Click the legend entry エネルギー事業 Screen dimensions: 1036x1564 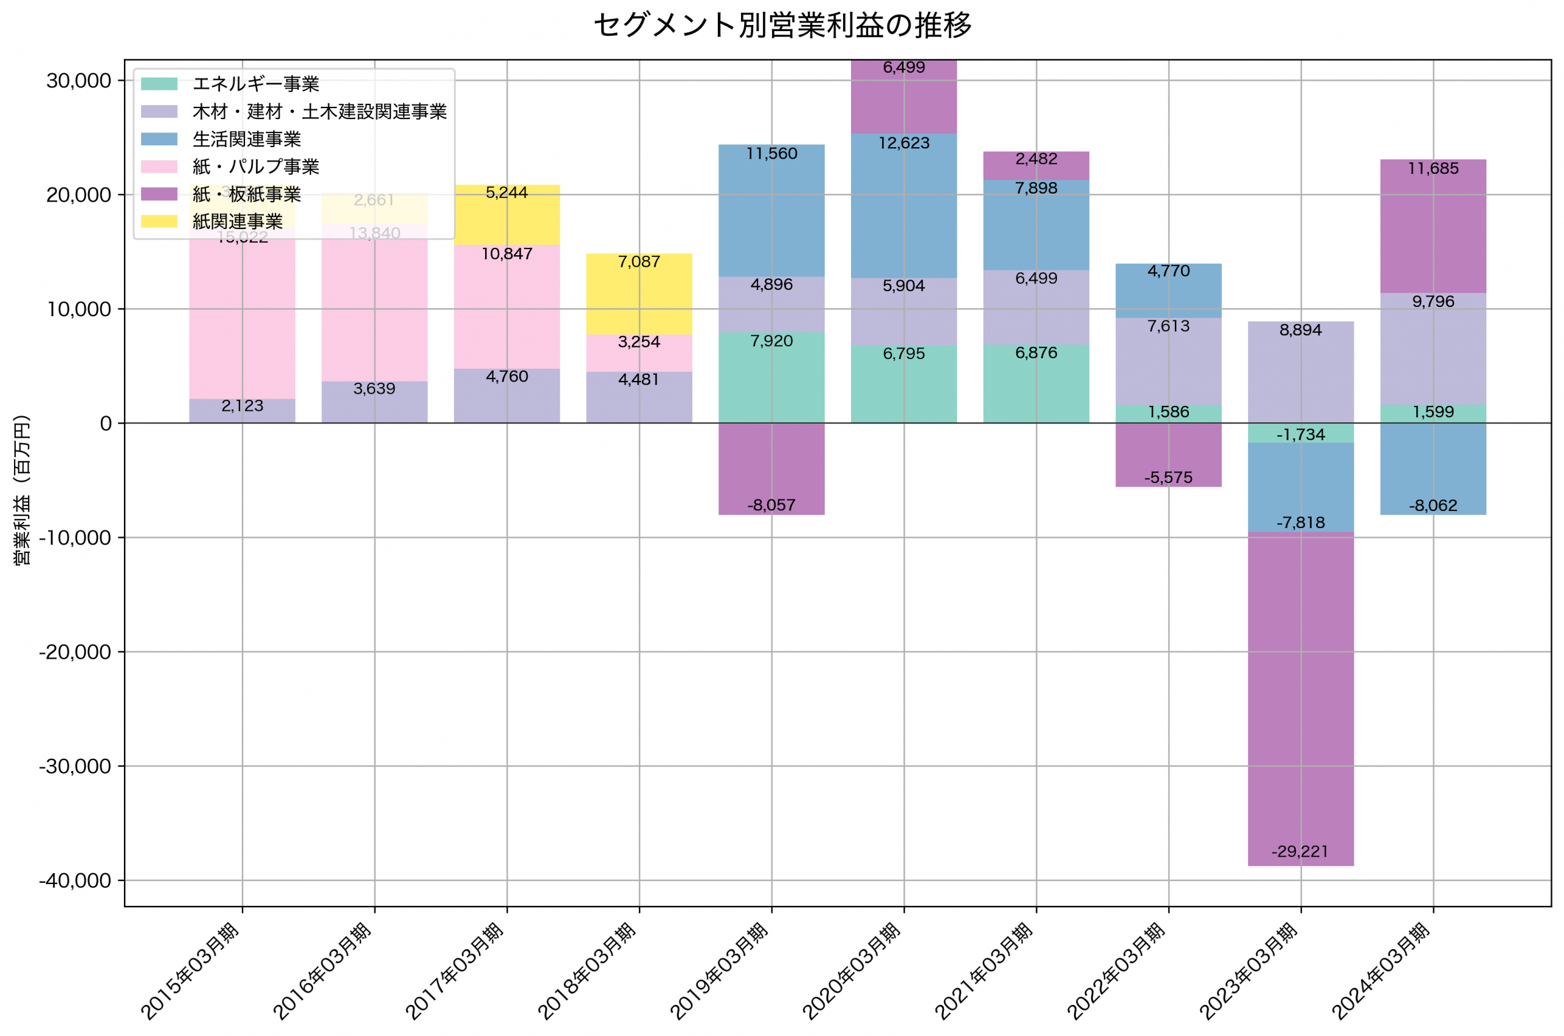click(255, 84)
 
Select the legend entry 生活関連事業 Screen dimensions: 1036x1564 click(246, 139)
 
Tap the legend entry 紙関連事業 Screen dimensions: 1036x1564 click(236, 222)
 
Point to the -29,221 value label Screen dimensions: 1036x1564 click(1299, 851)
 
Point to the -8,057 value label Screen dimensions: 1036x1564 click(771, 505)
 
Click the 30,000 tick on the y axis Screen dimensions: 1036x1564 click(78, 81)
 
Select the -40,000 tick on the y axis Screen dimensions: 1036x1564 click(75, 880)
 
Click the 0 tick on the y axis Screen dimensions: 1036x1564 click(105, 424)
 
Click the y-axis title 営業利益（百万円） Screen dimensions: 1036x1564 click(23, 490)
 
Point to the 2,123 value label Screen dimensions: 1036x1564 click(242, 406)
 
